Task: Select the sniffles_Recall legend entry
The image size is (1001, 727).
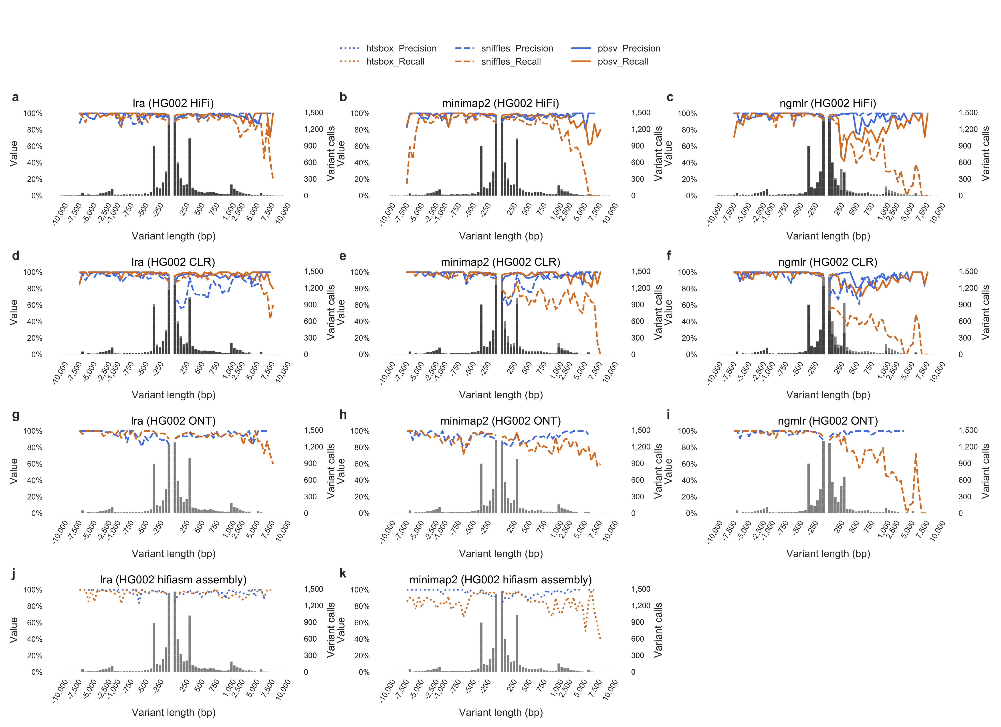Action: pos(511,62)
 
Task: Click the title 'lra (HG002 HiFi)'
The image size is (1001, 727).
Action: pos(173,103)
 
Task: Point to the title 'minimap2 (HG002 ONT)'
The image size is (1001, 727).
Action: pos(500,421)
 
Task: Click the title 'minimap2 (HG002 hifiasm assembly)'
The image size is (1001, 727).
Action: pos(500,580)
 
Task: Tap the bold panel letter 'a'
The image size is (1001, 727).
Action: pos(15,97)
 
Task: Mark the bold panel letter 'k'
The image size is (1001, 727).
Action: pos(343,573)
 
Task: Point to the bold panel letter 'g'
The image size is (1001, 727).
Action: pos(15,415)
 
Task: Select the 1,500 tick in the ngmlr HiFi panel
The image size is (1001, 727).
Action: pos(968,113)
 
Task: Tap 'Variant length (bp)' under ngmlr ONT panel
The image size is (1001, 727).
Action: pos(828,554)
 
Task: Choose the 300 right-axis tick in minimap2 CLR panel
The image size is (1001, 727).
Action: pos(637,338)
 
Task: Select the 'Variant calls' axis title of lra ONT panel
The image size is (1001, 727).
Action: pos(331,471)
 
